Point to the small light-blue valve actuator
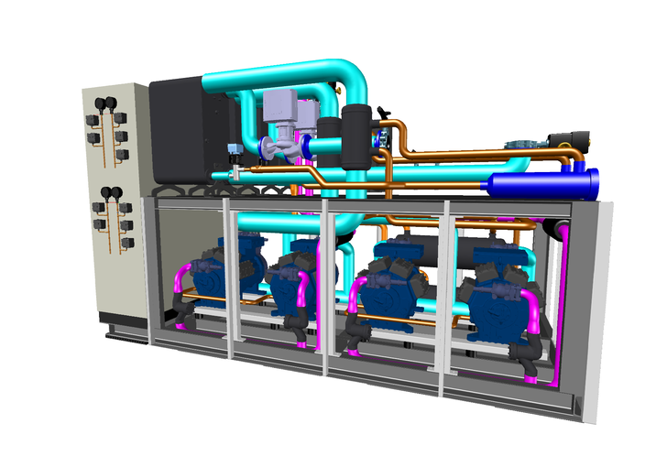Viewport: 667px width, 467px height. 235,147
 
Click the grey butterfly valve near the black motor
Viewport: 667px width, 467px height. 522,143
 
